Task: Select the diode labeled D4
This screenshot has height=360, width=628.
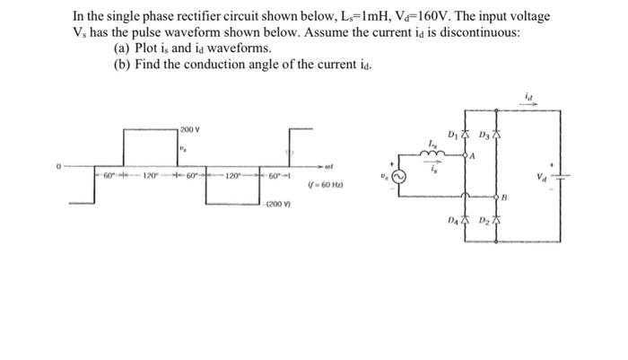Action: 466,221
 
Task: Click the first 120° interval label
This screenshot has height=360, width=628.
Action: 150,172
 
